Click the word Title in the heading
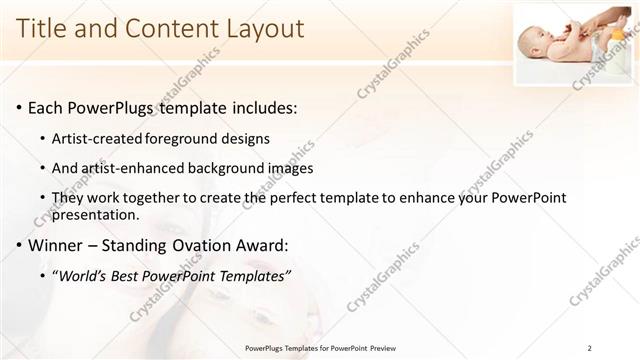tap(42, 29)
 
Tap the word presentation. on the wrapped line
tap(97, 215)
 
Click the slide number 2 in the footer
tap(589, 348)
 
